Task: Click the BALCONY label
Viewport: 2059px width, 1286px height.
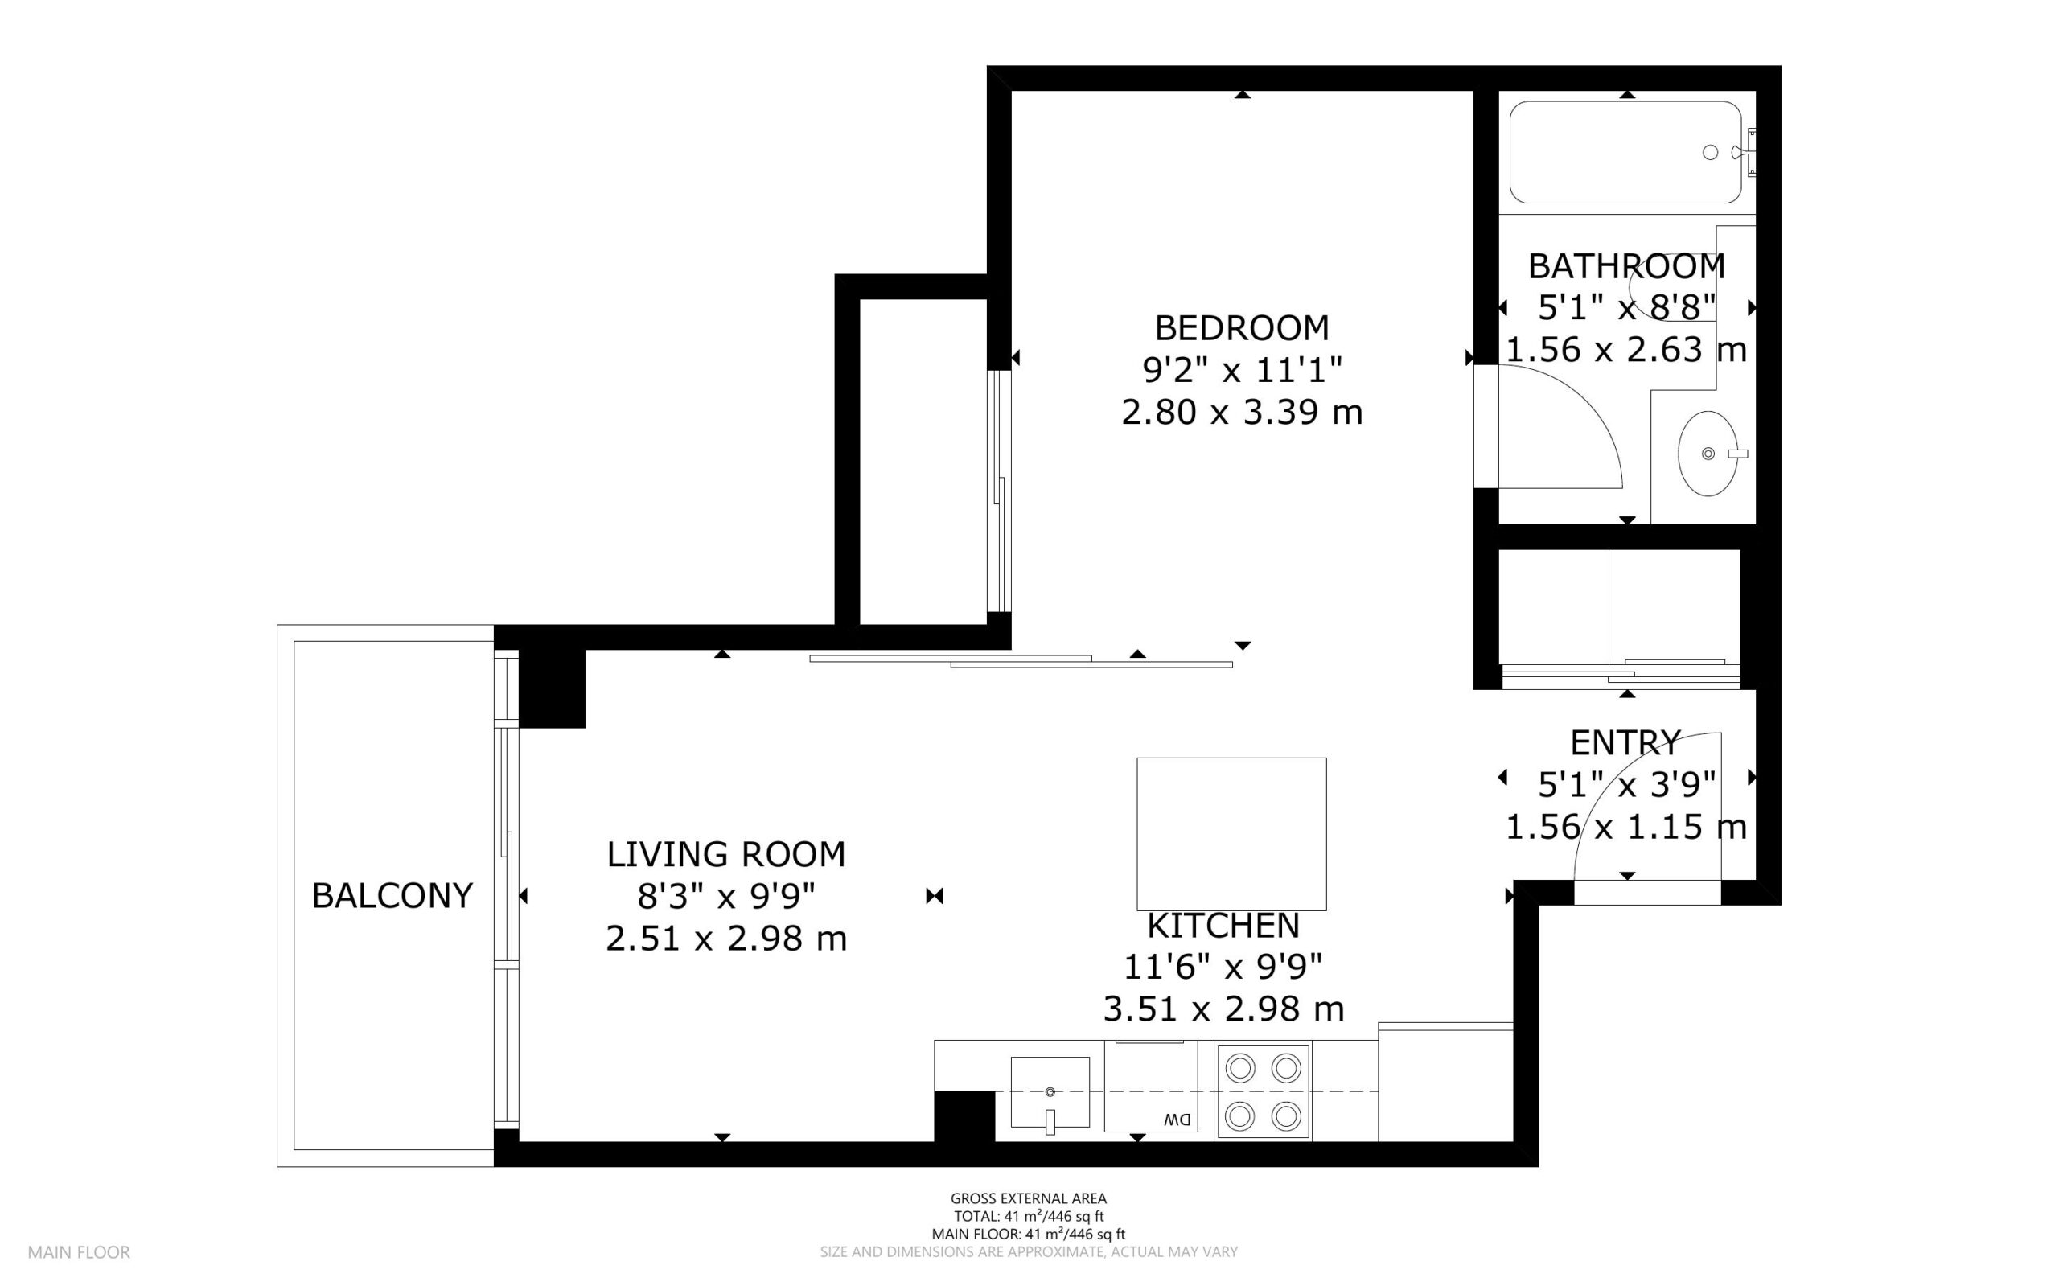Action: [392, 896]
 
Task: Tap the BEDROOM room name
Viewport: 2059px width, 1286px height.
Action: [1242, 327]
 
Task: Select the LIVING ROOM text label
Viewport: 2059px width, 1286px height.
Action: [726, 854]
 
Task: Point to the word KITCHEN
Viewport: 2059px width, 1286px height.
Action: [1223, 926]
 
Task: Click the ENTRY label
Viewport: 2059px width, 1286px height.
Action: [1625, 743]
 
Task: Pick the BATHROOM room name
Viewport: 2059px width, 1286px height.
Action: [1627, 266]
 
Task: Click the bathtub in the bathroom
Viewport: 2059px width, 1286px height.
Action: [1625, 152]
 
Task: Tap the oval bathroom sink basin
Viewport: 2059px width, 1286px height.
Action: [1708, 454]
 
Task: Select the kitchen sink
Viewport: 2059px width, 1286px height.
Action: [1050, 1092]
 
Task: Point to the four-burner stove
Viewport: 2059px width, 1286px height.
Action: [1263, 1091]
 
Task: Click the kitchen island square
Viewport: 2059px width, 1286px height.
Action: [1231, 833]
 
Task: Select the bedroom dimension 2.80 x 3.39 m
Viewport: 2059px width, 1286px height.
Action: [1242, 413]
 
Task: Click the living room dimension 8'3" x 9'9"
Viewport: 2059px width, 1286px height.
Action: [726, 896]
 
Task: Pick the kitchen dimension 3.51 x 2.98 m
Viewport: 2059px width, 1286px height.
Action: [1223, 1009]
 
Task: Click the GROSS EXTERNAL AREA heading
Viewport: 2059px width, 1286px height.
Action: [1028, 1199]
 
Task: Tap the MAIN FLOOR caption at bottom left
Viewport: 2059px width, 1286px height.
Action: [79, 1252]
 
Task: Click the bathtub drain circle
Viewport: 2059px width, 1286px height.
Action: [1710, 152]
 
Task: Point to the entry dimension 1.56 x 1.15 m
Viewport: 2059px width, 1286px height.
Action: [1626, 827]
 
